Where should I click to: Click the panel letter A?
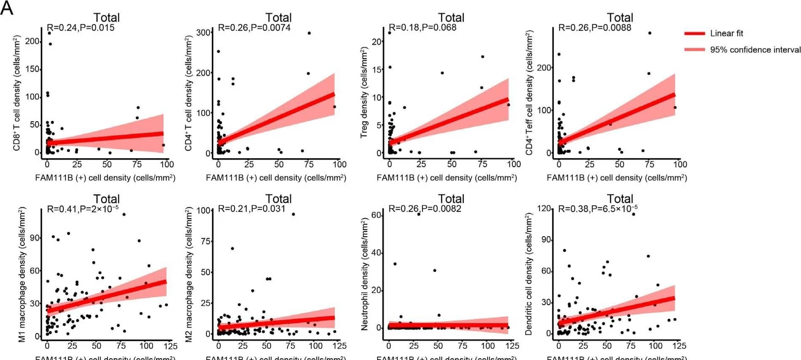pyautogui.click(x=7, y=8)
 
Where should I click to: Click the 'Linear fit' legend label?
pyautogui.click(x=726, y=33)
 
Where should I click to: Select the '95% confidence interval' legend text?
pyautogui.click(x=755, y=50)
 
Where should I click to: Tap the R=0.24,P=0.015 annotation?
pyautogui.click(x=81, y=28)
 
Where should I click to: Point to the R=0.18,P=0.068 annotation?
pyautogui.click(x=422, y=28)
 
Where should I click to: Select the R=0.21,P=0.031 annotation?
pyautogui.click(x=251, y=209)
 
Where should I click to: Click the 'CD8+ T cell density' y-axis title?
pyautogui.click(x=17, y=93)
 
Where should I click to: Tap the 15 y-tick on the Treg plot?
pyautogui.click(x=377, y=70)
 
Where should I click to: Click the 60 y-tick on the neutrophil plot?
pyautogui.click(x=376, y=215)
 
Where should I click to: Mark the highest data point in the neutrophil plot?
pyautogui.click(x=418, y=214)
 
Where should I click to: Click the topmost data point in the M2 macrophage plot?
pyautogui.click(x=293, y=214)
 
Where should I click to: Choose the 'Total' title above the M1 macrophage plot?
pyautogui.click(x=106, y=198)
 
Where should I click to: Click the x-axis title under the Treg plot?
pyautogui.click(x=446, y=178)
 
